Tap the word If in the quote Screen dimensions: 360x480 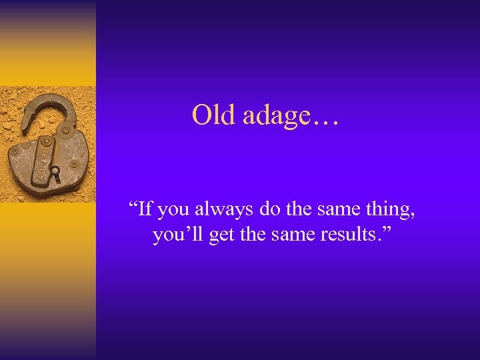point(146,209)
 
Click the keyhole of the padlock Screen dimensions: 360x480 point(55,175)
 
